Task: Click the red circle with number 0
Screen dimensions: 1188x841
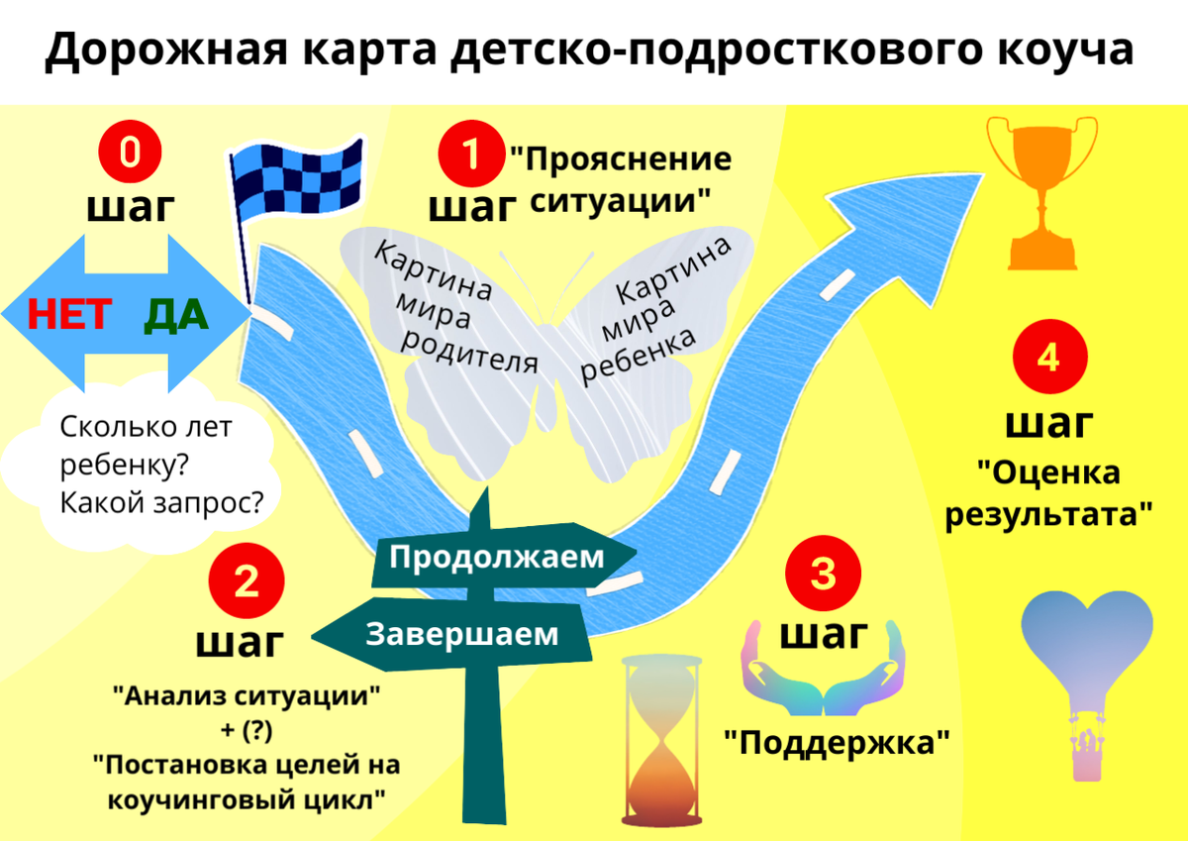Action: pyautogui.click(x=131, y=154)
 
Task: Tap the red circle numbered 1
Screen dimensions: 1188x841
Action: pyautogui.click(x=470, y=154)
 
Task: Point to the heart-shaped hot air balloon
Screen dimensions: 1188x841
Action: pyautogui.click(x=1086, y=674)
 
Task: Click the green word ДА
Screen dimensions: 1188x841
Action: pyautogui.click(x=176, y=315)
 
